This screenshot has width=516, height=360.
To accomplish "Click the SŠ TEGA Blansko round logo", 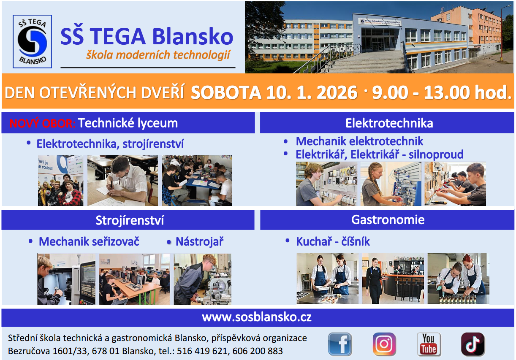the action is pos(32,41).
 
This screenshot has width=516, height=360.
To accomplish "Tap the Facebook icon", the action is pos(340,344).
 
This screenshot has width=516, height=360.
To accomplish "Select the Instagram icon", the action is pos(384,344).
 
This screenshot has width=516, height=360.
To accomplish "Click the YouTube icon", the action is pos(429,344).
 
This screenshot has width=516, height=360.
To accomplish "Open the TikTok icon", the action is pos(473,344).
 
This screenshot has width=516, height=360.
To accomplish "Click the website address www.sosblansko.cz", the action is pos(257,317).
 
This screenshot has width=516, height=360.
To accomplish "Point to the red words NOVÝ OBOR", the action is pos(43,123).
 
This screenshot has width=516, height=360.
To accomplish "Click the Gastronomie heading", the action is pos(388,219).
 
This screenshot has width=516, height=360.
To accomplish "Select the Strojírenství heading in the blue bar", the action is pos(130,220).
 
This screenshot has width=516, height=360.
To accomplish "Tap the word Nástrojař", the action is pos(199,242).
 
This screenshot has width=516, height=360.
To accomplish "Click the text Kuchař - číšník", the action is pos(333,242).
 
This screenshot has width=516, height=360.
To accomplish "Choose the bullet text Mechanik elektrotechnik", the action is pos(359,141).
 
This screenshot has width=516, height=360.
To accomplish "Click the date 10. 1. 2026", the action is pos(312,92).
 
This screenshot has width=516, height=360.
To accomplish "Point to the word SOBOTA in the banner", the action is pos(226,92).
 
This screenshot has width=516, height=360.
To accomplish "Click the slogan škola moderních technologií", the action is pos(158,55).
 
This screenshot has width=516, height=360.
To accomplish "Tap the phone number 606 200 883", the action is pos(258,351).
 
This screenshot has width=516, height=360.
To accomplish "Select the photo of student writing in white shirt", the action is pos(122,181).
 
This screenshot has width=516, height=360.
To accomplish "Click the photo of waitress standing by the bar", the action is pos(393,279).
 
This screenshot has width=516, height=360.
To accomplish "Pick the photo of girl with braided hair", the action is pos(391,184).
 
